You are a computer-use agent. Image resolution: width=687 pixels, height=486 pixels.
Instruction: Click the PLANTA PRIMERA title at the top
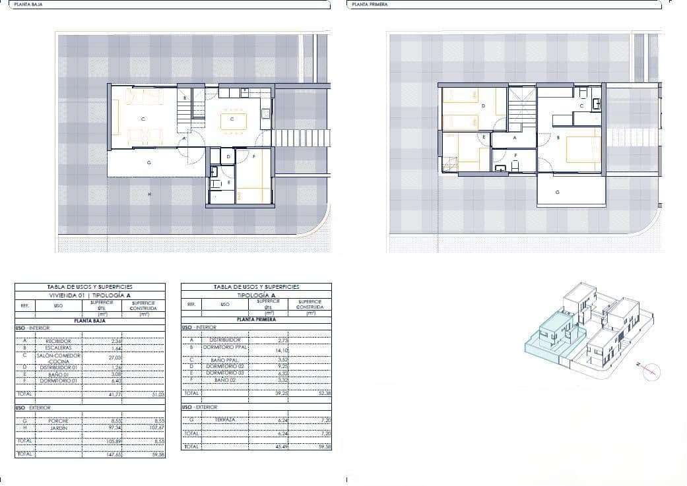point(370,4)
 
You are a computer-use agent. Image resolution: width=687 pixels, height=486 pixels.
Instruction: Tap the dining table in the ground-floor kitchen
point(232,121)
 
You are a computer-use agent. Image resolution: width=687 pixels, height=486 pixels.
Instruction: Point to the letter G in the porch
point(150,162)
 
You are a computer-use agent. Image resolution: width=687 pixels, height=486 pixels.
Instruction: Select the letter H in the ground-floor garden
point(150,194)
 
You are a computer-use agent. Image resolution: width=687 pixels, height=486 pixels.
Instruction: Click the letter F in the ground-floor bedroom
point(254,157)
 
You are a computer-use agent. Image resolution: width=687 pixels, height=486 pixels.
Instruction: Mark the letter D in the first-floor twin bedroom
point(484,106)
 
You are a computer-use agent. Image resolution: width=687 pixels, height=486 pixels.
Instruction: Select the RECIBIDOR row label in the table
point(58,341)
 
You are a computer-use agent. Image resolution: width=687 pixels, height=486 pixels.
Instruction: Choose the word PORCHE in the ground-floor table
point(58,421)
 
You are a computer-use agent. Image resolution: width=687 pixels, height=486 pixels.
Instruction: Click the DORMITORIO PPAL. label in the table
point(226,347)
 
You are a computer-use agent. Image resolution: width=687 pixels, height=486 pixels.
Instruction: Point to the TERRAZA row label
point(225,419)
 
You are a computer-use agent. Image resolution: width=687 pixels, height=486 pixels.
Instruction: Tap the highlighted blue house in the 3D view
point(551,336)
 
